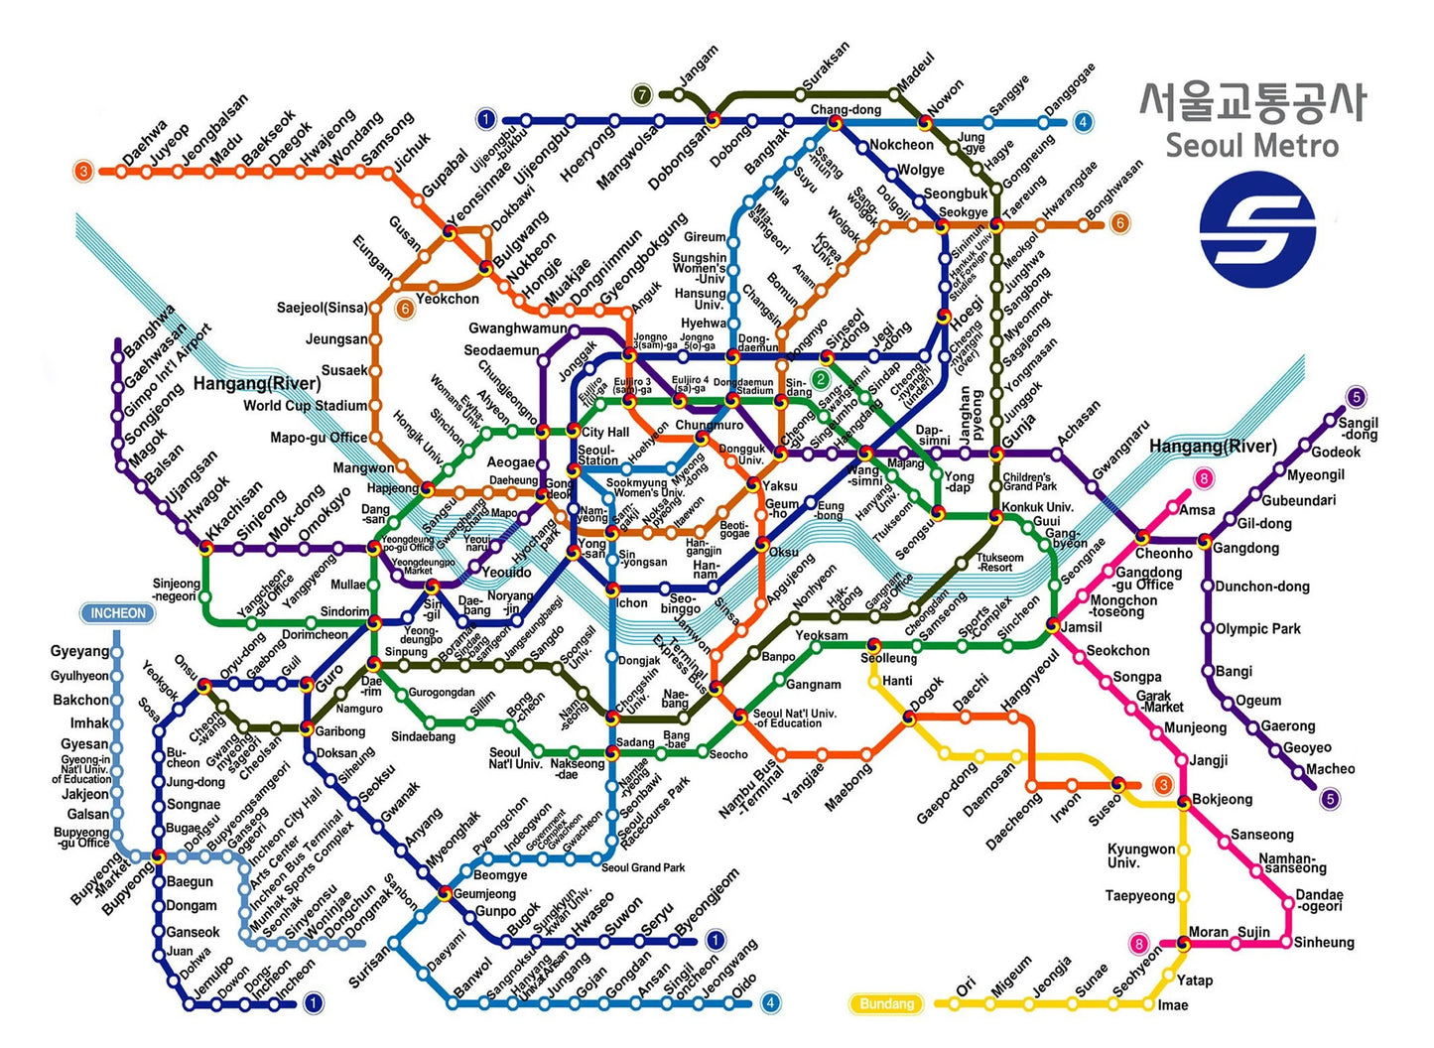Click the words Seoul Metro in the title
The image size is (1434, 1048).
(1251, 145)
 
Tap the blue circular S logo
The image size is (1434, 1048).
(1257, 229)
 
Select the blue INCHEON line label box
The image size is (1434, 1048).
(118, 613)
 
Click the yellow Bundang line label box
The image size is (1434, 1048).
(886, 1003)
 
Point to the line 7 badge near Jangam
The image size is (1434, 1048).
(642, 95)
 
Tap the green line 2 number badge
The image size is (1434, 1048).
(821, 379)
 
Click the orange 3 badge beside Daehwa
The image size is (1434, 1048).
(84, 171)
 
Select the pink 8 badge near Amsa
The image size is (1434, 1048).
(1204, 479)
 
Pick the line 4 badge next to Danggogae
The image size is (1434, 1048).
(1083, 123)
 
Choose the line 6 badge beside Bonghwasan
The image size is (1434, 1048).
(1119, 223)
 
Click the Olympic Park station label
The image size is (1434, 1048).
(1257, 629)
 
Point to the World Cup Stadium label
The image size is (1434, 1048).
(305, 406)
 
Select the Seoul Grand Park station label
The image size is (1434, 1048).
(643, 867)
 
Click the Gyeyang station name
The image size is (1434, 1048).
(79, 652)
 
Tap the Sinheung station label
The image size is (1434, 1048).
(1323, 942)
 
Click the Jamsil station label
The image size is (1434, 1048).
(1081, 627)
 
